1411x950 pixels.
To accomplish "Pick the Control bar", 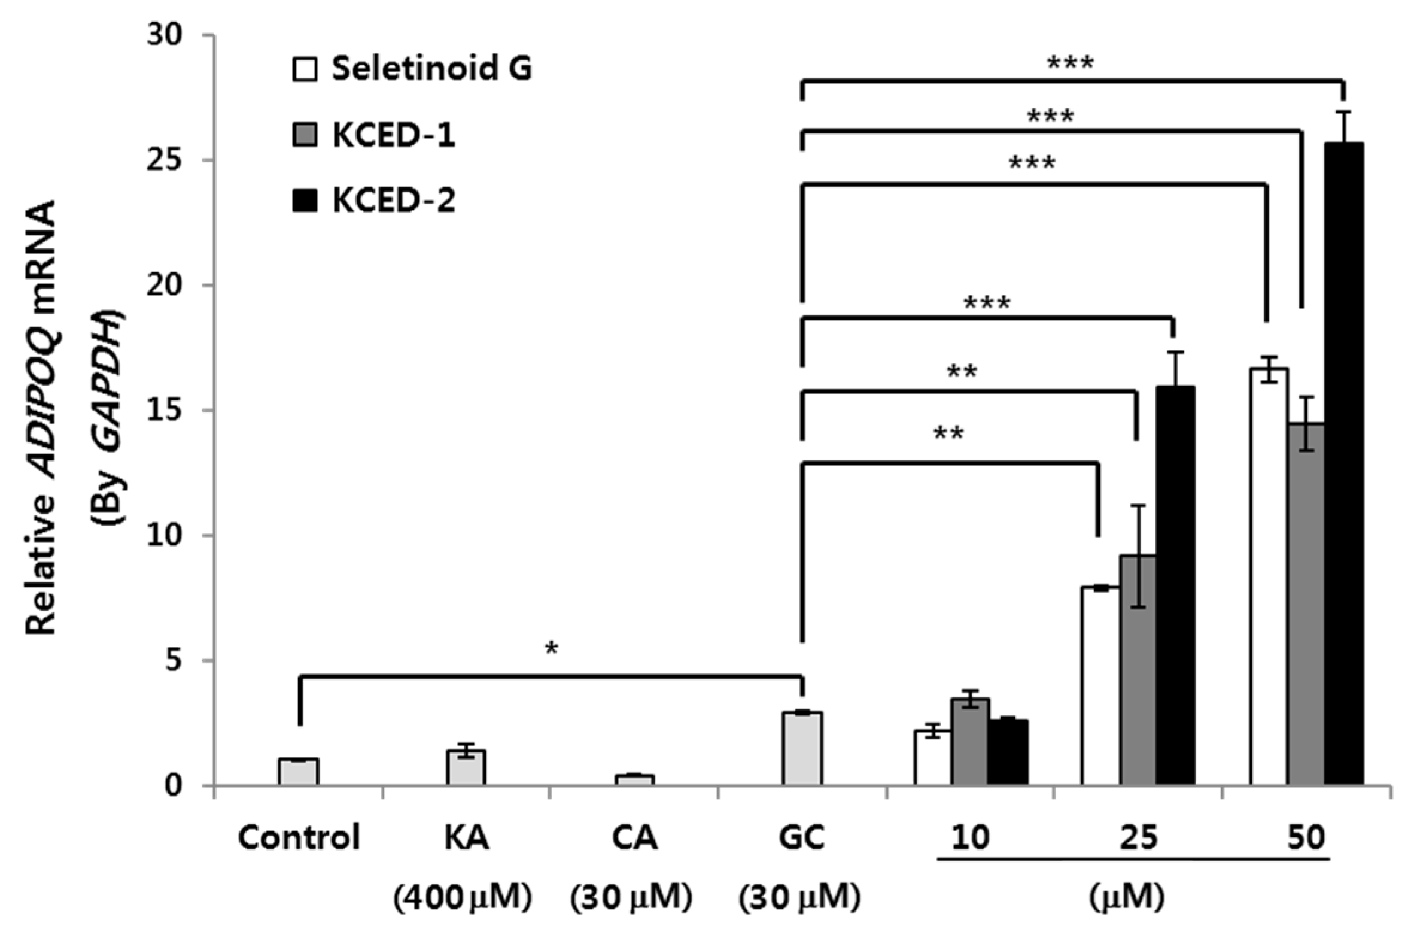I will (x=299, y=772).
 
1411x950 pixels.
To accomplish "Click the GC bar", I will (x=802, y=749).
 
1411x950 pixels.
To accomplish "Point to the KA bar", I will (x=466, y=767).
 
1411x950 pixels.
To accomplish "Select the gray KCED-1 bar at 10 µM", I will (x=969, y=742).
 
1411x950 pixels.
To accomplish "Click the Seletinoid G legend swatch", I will (x=304, y=69).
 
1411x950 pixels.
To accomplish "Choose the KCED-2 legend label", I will (x=394, y=200).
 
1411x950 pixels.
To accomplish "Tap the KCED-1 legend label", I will (x=394, y=135).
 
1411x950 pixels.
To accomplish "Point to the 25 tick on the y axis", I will (x=165, y=160).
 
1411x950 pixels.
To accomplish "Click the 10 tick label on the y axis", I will (x=165, y=536).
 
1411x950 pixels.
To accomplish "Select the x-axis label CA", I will (x=634, y=839).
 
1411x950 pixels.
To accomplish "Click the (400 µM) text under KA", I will (x=463, y=897).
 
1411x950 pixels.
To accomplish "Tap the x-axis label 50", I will (x=1306, y=839).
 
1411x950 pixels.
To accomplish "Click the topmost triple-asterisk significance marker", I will (x=1070, y=63).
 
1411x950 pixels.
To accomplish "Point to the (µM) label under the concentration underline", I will (x=1126, y=897).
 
